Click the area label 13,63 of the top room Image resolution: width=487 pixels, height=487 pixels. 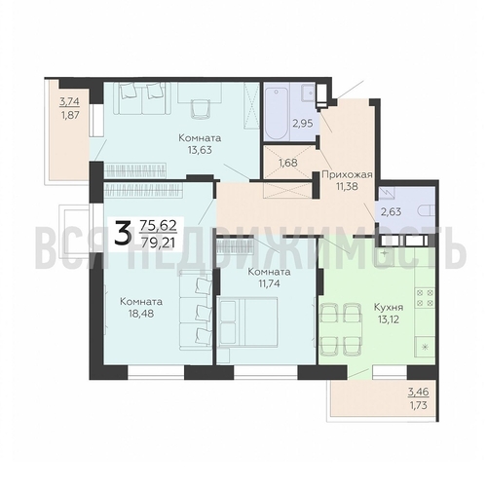(200, 152)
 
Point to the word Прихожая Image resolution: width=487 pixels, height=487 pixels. (341, 177)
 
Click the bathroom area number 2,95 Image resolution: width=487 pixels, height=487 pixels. (277, 124)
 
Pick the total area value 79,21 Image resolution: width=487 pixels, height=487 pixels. (160, 241)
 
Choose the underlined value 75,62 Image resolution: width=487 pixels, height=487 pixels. (160, 223)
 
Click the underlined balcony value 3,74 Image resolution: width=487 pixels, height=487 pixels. (69, 100)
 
